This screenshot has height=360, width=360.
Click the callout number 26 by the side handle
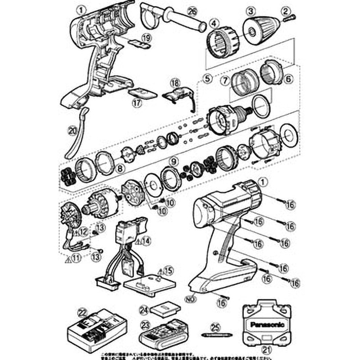pyautogui.click(x=192, y=10)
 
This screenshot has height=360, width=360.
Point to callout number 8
pyautogui.click(x=119, y=169)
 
